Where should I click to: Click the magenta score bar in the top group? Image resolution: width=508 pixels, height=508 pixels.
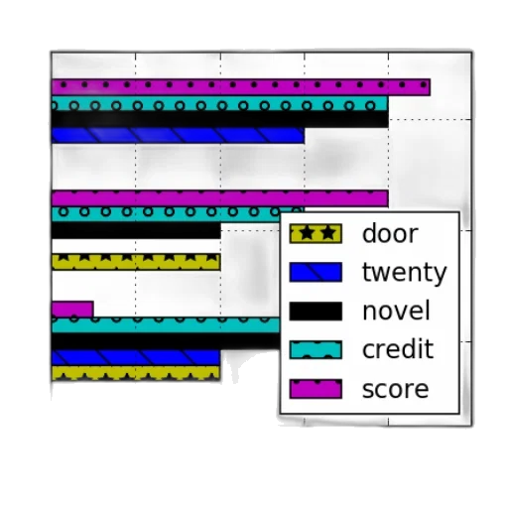pyautogui.click(x=241, y=87)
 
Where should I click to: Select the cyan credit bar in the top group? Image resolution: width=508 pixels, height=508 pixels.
pyautogui.click(x=219, y=103)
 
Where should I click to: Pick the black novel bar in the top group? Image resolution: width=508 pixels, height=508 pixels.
pyautogui.click(x=219, y=119)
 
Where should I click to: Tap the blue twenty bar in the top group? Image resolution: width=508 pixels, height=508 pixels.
pyautogui.click(x=178, y=135)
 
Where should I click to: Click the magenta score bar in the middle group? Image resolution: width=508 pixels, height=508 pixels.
pyautogui.click(x=219, y=198)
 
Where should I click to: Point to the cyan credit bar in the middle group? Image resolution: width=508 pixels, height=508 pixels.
pyautogui.click(x=166, y=214)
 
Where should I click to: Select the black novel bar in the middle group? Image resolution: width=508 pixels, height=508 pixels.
pyautogui.click(x=136, y=230)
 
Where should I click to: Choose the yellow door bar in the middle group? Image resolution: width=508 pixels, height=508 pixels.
pyautogui.click(x=136, y=262)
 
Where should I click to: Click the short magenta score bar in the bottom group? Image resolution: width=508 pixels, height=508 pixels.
pyautogui.click(x=72, y=310)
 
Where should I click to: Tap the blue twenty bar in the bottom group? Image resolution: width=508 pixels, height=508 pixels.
pyautogui.click(x=136, y=357)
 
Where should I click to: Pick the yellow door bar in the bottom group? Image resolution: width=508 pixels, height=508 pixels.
pyautogui.click(x=136, y=373)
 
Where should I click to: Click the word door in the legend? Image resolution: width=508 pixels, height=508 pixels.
pyautogui.click(x=390, y=233)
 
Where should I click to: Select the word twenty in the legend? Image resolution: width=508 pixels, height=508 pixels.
pyautogui.click(x=405, y=273)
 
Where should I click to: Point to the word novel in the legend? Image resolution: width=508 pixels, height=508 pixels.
pyautogui.click(x=396, y=311)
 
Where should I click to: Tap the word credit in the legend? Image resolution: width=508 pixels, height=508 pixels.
pyautogui.click(x=398, y=348)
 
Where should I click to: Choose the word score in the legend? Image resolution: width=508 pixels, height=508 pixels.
pyautogui.click(x=396, y=389)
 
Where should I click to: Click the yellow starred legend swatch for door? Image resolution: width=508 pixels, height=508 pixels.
pyautogui.click(x=316, y=234)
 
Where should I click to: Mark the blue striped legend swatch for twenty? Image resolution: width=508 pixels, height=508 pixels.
pyautogui.click(x=316, y=273)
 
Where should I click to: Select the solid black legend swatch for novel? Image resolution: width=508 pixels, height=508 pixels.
pyautogui.click(x=316, y=312)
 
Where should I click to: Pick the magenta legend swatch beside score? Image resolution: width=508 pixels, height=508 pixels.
pyautogui.click(x=316, y=389)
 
